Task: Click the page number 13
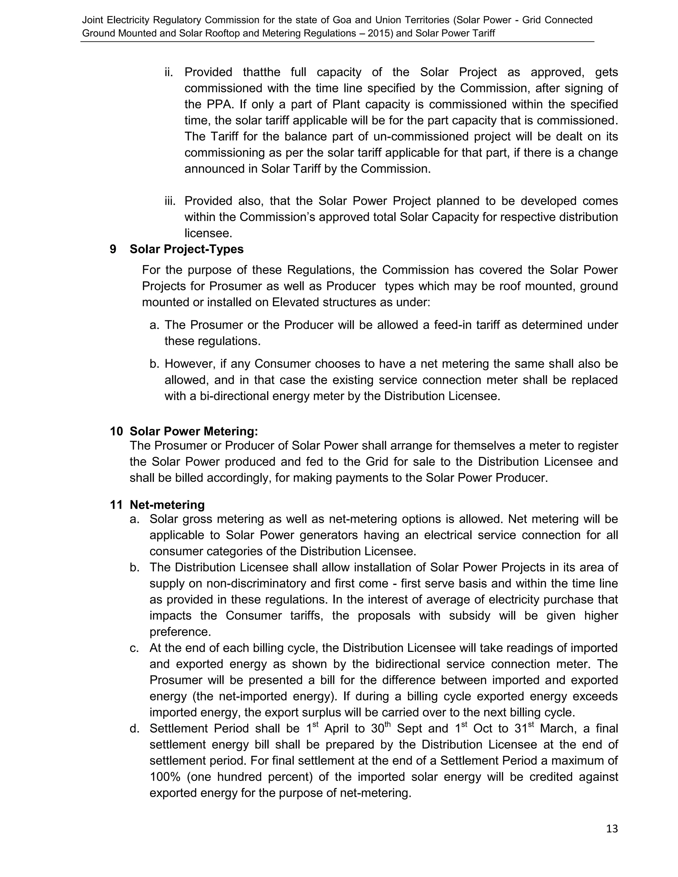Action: (x=612, y=829)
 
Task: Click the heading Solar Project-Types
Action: (x=186, y=250)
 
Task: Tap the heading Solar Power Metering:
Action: (x=194, y=431)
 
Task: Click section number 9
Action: (x=113, y=250)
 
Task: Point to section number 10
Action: (x=116, y=431)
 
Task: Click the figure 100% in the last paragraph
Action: (x=165, y=777)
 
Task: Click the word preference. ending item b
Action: (x=180, y=632)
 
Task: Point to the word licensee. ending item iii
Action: (x=208, y=233)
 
